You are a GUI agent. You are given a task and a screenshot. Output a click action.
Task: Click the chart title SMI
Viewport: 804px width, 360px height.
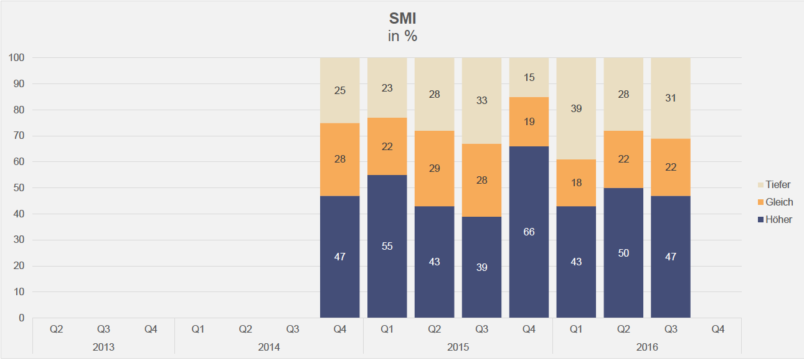click(402, 19)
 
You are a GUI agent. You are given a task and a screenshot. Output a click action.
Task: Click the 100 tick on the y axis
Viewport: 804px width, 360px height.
click(17, 58)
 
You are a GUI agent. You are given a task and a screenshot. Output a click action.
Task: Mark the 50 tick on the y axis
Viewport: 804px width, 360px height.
click(19, 188)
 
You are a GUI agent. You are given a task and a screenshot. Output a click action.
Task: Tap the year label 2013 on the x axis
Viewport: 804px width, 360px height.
click(103, 346)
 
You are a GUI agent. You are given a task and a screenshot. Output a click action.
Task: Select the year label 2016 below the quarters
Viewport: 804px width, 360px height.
click(646, 346)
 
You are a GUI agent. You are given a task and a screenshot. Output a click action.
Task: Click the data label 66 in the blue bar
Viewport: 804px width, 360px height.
click(529, 232)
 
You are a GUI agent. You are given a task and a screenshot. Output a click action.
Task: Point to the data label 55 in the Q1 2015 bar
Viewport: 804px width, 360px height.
click(387, 246)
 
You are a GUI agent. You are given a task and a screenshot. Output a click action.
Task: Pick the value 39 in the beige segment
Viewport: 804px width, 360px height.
click(576, 109)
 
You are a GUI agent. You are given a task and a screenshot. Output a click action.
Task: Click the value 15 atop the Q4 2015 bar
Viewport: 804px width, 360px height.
click(529, 78)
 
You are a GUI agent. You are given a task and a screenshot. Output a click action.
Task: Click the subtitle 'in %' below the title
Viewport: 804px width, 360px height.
click(402, 36)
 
